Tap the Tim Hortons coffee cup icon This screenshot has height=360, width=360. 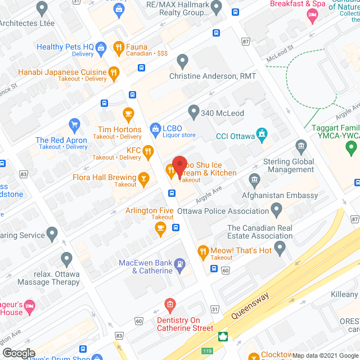tap(128, 113)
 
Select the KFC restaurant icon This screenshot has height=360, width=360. tap(148, 150)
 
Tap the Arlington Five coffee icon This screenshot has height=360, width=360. tap(160, 228)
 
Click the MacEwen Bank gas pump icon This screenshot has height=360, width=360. tap(179, 263)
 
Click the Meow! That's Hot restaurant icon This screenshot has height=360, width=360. tap(202, 250)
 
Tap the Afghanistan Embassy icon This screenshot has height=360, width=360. tap(254, 180)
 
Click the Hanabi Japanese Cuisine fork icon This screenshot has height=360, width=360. tap(114, 71)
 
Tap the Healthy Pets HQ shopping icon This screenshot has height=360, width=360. tap(101, 47)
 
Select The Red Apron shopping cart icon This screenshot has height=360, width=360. tap(74, 124)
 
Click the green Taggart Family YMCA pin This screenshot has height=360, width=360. tap(352, 149)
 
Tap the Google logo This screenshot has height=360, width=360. tap(19, 353)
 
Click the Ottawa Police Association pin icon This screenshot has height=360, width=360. tap(276, 210)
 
